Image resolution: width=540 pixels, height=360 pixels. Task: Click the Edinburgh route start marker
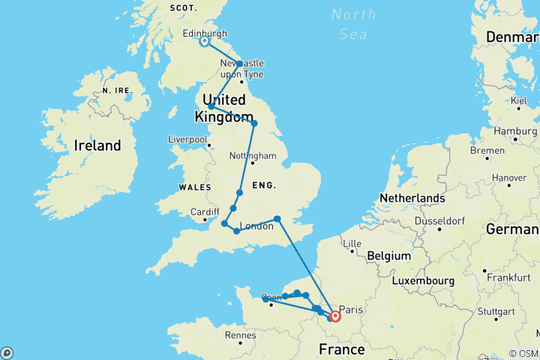tap(204, 42)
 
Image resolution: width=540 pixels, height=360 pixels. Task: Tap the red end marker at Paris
tap(334, 317)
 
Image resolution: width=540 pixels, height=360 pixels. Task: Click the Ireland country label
tap(97, 145)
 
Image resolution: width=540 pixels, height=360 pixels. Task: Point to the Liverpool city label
tap(187, 139)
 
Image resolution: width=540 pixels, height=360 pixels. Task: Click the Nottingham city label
tap(253, 156)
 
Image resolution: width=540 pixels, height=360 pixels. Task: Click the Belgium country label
tap(388, 256)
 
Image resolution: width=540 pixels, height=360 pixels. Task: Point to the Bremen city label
tap(488, 150)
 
